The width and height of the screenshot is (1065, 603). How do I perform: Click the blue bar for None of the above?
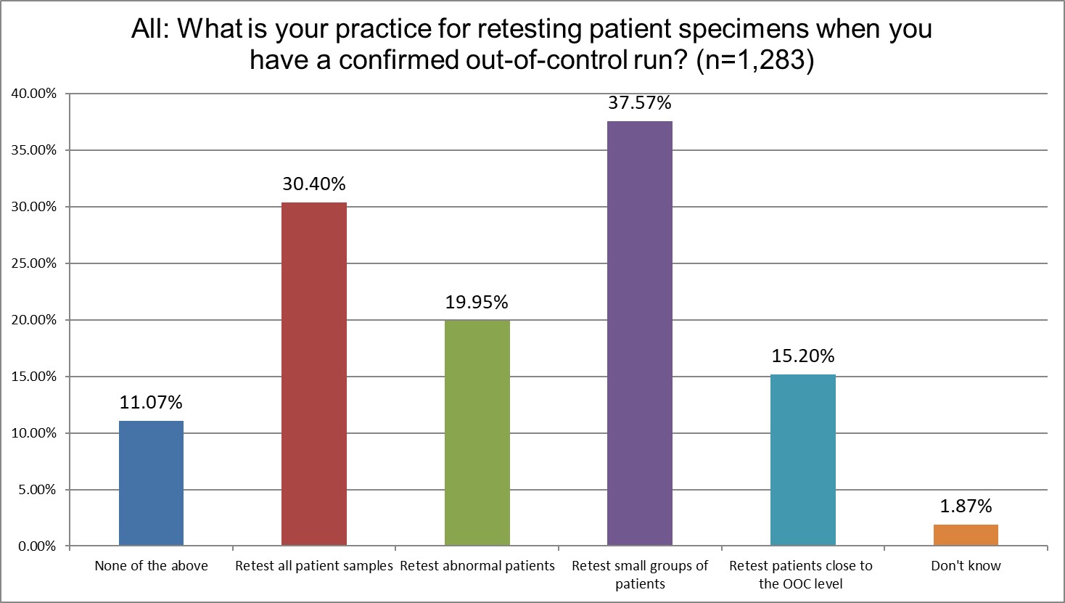(151, 483)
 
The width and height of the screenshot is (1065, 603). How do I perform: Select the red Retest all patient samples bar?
(313, 374)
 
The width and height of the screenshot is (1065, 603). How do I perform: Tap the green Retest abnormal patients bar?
(477, 432)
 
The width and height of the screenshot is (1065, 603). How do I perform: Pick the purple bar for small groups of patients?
(639, 333)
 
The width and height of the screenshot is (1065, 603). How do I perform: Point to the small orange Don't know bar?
(965, 535)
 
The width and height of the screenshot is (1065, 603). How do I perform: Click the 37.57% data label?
(639, 103)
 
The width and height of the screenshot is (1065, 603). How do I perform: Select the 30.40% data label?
(313, 184)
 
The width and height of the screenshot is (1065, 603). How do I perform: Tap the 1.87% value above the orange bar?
(965, 506)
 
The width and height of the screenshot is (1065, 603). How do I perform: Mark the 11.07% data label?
(151, 402)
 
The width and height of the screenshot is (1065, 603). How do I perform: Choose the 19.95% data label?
(477, 302)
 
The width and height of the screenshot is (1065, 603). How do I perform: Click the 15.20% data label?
(802, 356)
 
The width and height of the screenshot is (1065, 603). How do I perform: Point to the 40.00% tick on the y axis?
(32, 94)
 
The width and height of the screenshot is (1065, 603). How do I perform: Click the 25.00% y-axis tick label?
(32, 263)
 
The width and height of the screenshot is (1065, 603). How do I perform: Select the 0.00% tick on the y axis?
(35, 546)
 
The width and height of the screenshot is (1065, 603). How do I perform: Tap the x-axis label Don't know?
(965, 566)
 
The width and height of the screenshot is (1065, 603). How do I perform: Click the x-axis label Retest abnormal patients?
(477, 566)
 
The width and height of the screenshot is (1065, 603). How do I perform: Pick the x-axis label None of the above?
(151, 566)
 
